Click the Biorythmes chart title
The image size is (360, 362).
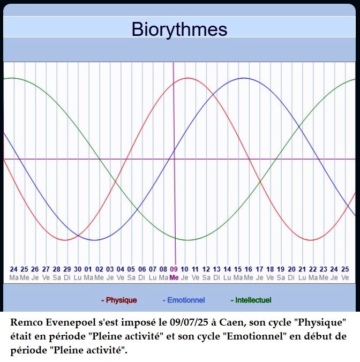click(179, 29)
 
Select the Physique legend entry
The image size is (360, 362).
click(119, 300)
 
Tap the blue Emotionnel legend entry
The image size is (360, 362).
click(184, 300)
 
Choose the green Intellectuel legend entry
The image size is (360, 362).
click(251, 300)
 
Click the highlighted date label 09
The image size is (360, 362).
click(174, 269)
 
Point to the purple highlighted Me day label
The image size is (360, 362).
click(174, 277)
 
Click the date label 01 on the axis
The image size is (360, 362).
click(88, 269)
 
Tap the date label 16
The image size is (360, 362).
click(249, 269)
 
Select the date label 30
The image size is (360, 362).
click(78, 269)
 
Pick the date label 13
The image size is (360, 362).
click(216, 269)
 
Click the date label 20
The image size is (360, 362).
click(291, 269)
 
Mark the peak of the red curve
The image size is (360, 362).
click(188, 78)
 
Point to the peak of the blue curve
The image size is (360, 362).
click(244, 78)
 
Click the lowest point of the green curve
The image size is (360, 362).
click(187, 240)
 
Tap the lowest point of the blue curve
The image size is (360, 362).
click(94, 240)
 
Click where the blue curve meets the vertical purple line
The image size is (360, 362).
click(174, 150)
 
